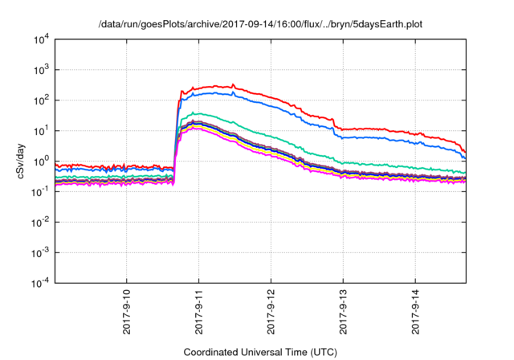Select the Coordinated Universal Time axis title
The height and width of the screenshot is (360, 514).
259,352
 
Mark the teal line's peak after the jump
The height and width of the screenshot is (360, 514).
195,112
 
